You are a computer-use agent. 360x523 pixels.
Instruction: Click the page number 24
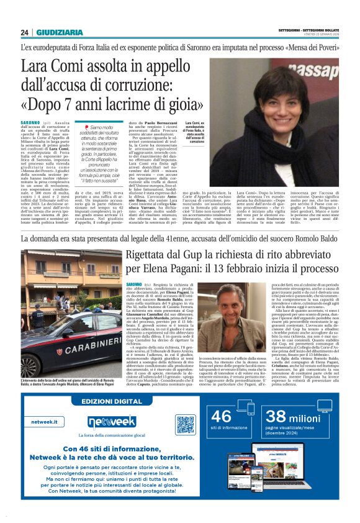25,32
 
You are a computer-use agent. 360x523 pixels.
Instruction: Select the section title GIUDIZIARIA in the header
59,32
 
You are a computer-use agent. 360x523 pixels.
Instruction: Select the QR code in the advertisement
185,425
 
